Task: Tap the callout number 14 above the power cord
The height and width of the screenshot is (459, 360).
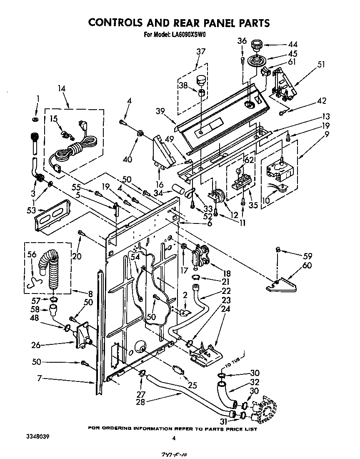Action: [x=62, y=88]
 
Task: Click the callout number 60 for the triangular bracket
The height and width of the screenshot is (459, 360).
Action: [x=307, y=266]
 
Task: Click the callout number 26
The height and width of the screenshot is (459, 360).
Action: [x=36, y=345]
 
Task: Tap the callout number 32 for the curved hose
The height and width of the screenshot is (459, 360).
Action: [x=255, y=382]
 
